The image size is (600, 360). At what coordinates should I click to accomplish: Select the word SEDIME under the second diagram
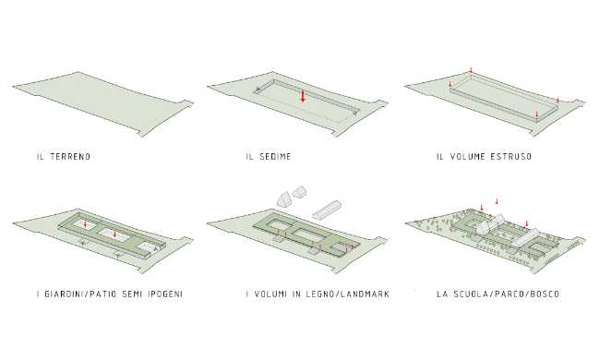pos(274,157)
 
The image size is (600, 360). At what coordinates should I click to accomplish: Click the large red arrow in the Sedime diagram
pos(302,96)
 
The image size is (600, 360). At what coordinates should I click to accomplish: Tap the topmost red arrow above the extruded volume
pos(472,70)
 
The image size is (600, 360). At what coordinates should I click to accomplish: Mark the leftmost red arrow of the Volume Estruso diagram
pos(450,86)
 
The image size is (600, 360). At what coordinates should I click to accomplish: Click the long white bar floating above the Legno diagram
pos(329,206)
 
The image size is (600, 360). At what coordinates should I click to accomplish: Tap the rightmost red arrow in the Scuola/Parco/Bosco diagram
pos(527,223)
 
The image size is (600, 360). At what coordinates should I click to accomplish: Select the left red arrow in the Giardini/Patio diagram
pos(85,223)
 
